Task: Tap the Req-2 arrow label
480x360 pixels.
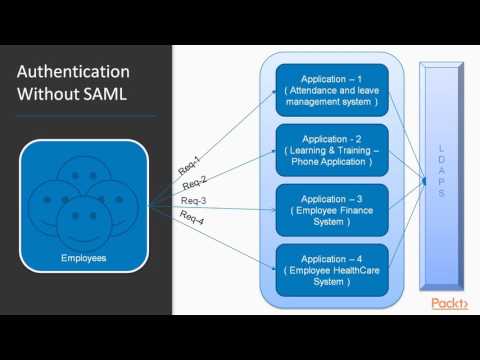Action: (x=194, y=183)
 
